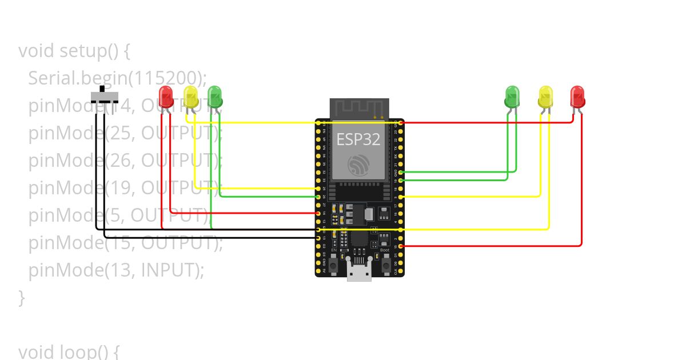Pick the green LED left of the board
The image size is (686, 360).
[214, 95]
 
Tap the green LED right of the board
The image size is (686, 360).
[512, 95]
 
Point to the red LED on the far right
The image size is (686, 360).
[577, 95]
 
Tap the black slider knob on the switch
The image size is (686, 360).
[103, 89]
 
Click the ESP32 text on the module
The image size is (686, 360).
[358, 139]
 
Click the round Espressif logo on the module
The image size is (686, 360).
[359, 165]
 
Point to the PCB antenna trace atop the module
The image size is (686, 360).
[359, 107]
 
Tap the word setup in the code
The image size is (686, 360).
[82, 51]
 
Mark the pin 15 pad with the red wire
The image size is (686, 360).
[400, 246]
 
